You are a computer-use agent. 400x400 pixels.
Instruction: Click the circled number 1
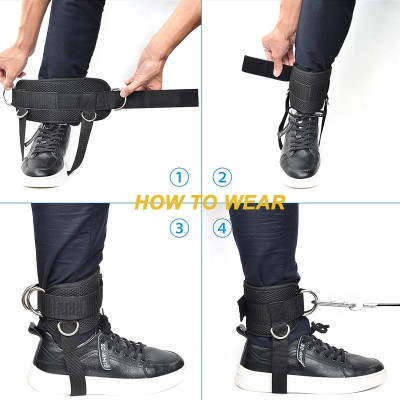(178, 178)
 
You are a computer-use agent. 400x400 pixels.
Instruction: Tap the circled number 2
(222, 178)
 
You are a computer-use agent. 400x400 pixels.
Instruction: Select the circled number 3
(178, 228)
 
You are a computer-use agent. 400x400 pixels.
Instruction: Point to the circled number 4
(222, 228)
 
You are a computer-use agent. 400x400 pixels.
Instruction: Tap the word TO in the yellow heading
(206, 203)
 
